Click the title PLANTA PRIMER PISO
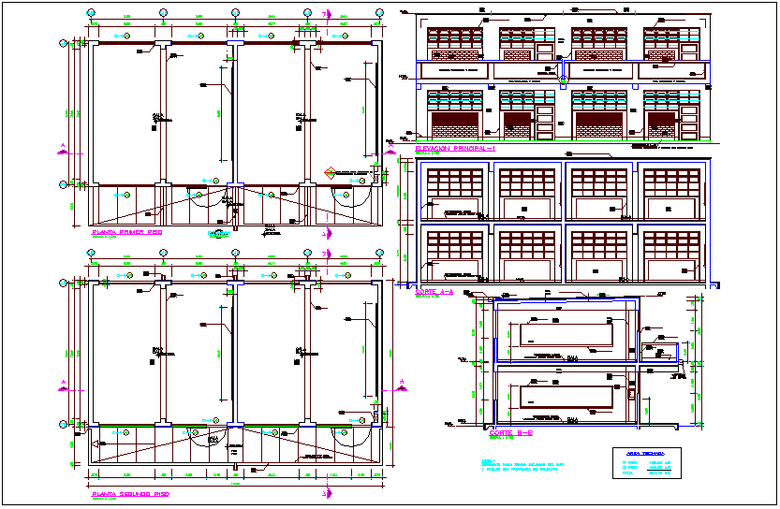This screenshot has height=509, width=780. click(x=126, y=231)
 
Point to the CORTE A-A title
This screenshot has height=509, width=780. click(x=433, y=292)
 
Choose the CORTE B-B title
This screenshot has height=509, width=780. click(x=510, y=433)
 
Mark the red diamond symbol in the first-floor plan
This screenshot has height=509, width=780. click(x=329, y=172)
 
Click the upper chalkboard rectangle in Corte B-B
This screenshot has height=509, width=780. click(x=560, y=333)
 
